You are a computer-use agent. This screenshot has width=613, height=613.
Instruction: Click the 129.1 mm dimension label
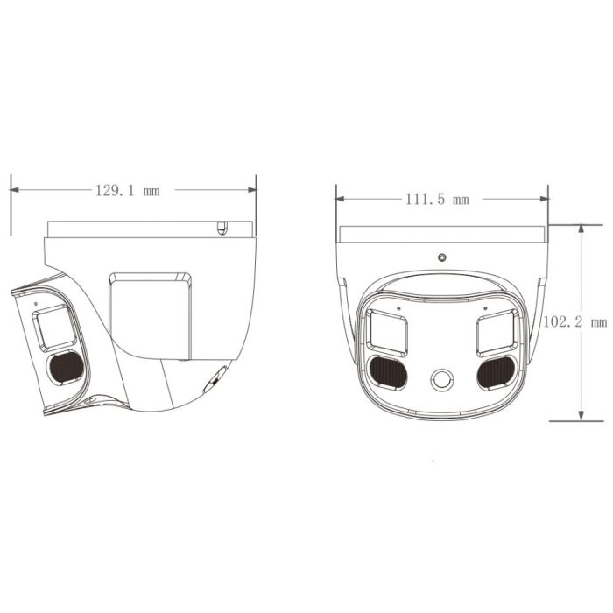click(x=128, y=190)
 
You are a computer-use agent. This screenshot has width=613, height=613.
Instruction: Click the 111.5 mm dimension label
click(x=437, y=199)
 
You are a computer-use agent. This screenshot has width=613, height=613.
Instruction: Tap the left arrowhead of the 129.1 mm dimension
click(x=15, y=190)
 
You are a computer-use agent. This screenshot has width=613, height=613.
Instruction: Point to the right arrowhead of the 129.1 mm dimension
click(x=251, y=190)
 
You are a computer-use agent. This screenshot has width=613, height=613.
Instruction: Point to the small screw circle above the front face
click(x=442, y=257)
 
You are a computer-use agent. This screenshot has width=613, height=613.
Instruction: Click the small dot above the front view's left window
click(x=398, y=307)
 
